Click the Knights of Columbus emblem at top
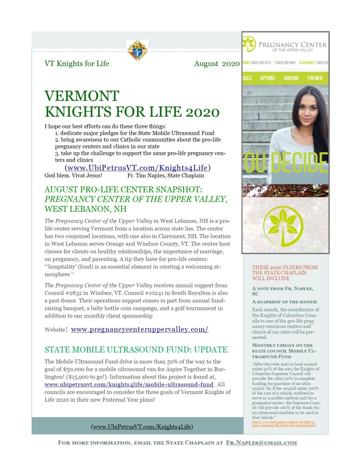pos(137,50)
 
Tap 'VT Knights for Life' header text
pos(77,64)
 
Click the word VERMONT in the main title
pos(82,96)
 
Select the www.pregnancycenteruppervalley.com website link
pos(140,329)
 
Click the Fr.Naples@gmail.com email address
pos(261,442)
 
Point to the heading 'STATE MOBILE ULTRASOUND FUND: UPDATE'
pos(136,350)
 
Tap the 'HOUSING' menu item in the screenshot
pos(291,78)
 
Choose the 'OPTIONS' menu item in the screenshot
pos(268,78)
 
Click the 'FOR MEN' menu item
pos(314,78)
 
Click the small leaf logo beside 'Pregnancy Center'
pos(249,44)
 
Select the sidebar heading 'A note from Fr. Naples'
pos(282,291)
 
